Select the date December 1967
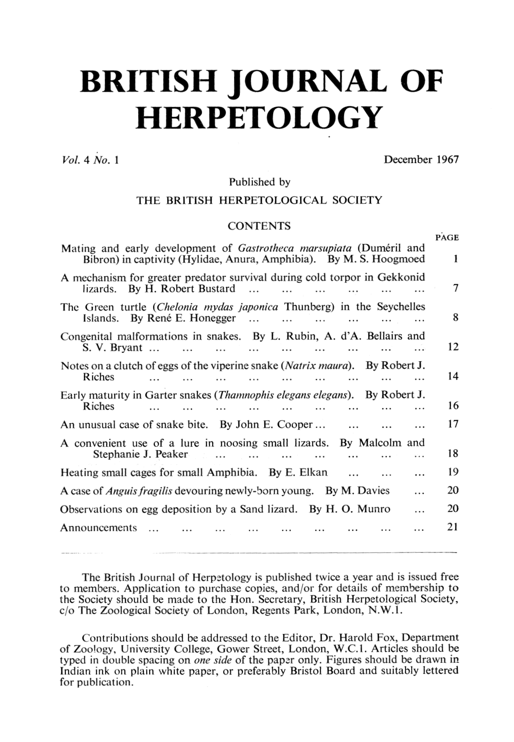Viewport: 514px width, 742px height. pyautogui.click(x=421, y=159)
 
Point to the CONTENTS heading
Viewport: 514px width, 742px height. pyautogui.click(x=259, y=226)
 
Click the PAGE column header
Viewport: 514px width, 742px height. pyautogui.click(x=447, y=237)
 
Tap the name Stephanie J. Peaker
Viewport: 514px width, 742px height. pyautogui.click(x=140, y=454)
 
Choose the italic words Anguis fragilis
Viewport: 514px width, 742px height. pyautogui.click(x=139, y=491)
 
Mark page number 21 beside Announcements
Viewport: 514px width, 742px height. pyautogui.click(x=452, y=527)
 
